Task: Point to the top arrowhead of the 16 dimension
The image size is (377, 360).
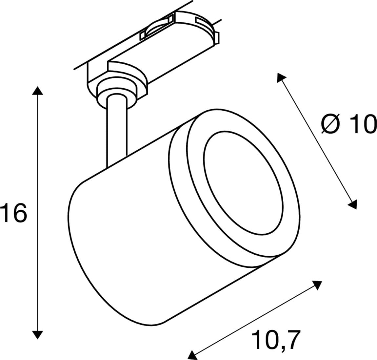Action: click(x=38, y=91)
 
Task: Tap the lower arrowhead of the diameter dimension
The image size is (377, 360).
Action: click(x=353, y=204)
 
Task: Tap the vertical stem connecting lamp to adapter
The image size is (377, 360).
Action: click(x=116, y=131)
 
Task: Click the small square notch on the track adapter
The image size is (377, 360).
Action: click(x=142, y=36)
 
